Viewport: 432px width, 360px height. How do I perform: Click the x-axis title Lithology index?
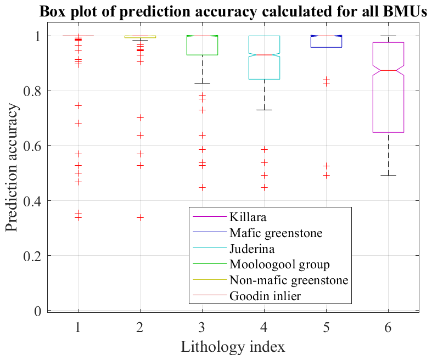pos(233,347)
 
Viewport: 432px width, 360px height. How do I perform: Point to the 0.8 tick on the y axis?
pos(33,91)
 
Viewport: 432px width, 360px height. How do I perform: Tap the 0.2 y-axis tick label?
pos(33,256)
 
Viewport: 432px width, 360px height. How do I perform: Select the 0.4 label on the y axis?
pos(33,201)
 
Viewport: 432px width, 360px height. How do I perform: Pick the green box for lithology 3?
pos(203,46)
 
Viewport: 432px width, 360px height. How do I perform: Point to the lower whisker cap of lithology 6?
pos(389,176)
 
